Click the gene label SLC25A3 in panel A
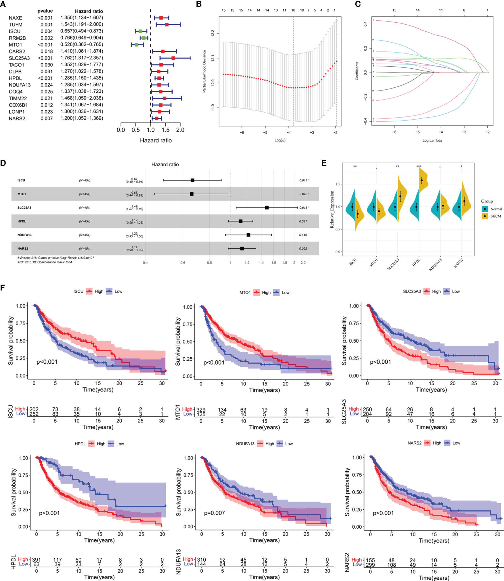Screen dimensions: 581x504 (x=19, y=58)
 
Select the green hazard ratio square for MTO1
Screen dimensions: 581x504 (x=136, y=45)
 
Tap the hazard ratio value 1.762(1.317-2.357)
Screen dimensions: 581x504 (x=81, y=58)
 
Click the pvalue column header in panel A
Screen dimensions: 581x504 (x=45, y=11)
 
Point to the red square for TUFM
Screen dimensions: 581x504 (x=167, y=25)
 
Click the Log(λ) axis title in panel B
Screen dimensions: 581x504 (x=280, y=140)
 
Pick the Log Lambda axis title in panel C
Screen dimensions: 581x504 (x=432, y=140)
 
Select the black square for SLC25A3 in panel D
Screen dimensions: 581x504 (x=267, y=208)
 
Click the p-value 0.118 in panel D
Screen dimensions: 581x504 (x=303, y=235)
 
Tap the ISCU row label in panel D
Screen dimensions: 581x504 (x=21, y=180)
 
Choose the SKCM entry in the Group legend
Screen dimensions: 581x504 (x=496, y=216)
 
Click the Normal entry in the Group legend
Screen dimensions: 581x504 (x=496, y=209)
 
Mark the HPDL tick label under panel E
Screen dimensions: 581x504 (x=416, y=262)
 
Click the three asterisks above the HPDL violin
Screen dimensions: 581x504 (x=419, y=166)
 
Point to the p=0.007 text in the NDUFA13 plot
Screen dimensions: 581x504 (x=214, y=513)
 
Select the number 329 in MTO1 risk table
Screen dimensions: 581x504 (x=201, y=410)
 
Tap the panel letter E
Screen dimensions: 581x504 (x=324, y=163)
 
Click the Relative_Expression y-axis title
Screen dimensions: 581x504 (x=332, y=209)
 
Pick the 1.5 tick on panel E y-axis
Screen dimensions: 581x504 (x=338, y=184)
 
